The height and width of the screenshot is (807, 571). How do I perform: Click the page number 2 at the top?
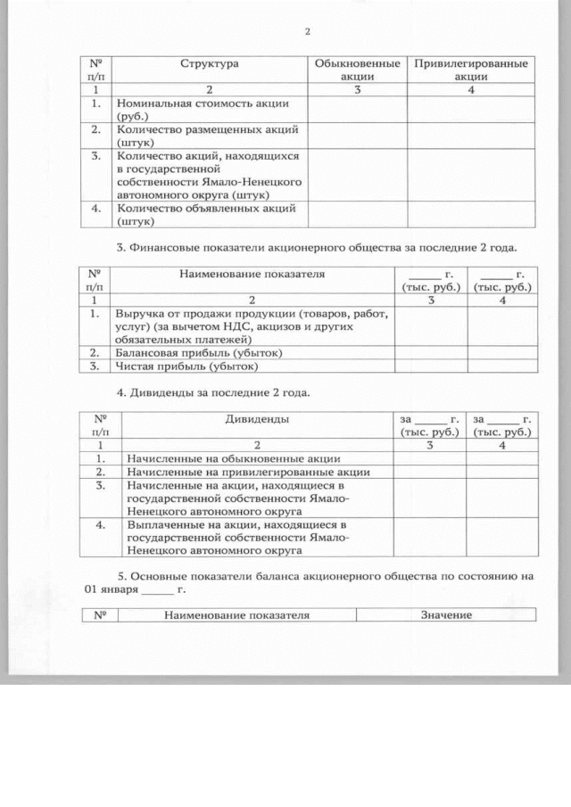tap(307, 33)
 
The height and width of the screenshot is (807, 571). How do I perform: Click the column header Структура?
tap(210, 64)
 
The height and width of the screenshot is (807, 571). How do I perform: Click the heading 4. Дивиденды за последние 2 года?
tap(214, 392)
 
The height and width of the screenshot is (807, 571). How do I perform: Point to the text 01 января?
tap(112, 590)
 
